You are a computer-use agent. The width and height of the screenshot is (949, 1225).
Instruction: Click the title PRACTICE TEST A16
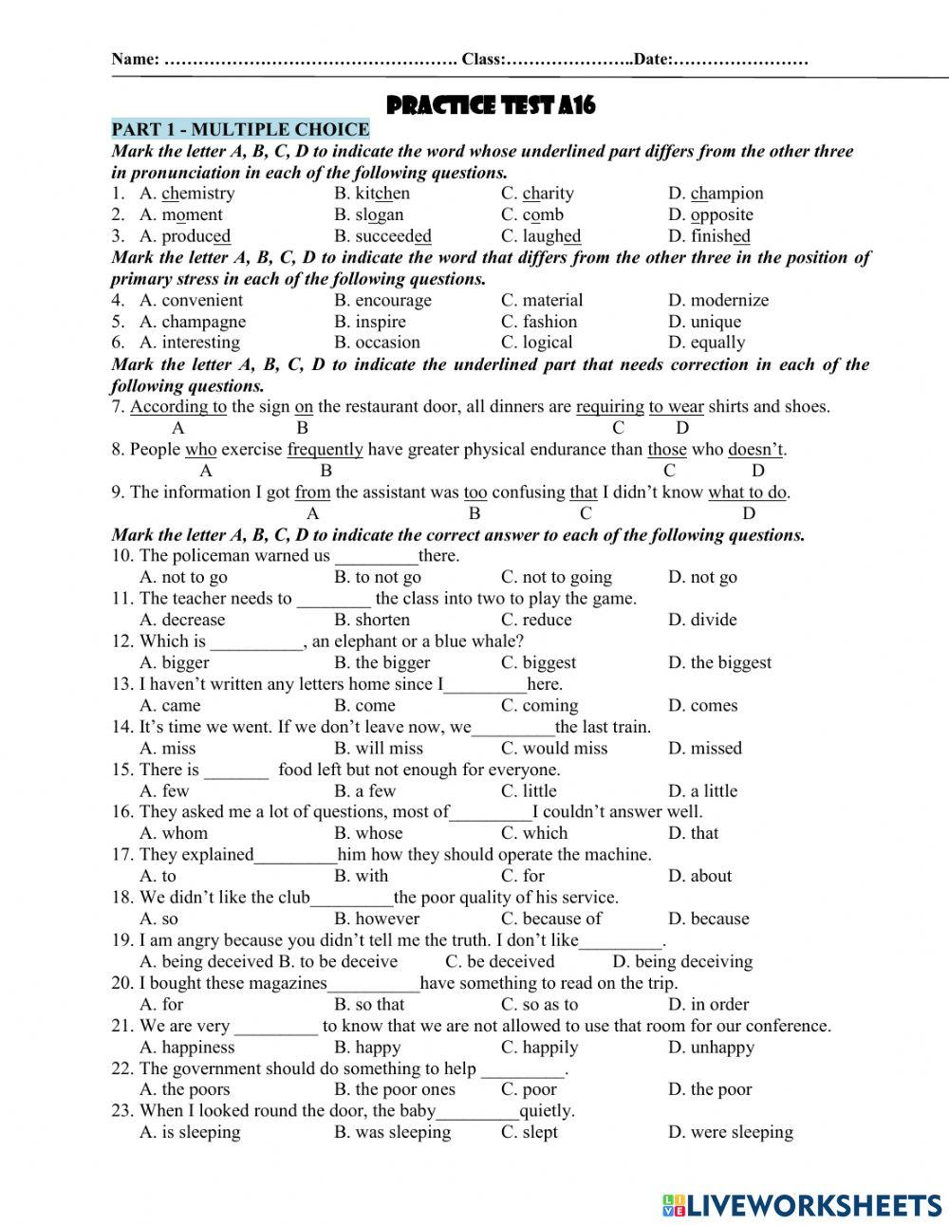click(x=492, y=105)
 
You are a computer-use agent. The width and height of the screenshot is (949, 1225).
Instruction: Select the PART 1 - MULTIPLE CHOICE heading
click(x=240, y=130)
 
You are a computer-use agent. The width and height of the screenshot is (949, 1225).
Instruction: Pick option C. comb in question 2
click(x=531, y=215)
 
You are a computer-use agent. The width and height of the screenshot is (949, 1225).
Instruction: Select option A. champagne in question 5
click(x=192, y=322)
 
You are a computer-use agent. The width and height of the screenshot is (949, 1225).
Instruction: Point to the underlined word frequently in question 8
click(x=325, y=450)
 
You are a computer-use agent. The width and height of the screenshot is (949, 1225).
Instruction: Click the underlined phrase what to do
click(x=748, y=492)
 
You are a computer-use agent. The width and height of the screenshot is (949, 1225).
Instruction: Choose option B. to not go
click(x=378, y=577)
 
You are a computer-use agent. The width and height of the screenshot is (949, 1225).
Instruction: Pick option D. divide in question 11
click(x=702, y=620)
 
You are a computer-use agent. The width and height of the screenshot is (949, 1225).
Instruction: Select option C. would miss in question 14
click(x=554, y=748)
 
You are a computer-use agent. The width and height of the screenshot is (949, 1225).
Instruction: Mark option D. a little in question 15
click(x=702, y=790)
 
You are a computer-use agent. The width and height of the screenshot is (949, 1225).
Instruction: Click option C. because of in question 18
click(x=551, y=919)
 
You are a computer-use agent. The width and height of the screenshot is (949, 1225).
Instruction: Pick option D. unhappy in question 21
click(x=711, y=1048)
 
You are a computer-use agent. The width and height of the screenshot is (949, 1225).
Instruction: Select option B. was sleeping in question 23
click(x=393, y=1132)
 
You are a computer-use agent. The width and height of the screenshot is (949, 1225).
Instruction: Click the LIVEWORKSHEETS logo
click(x=802, y=1204)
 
